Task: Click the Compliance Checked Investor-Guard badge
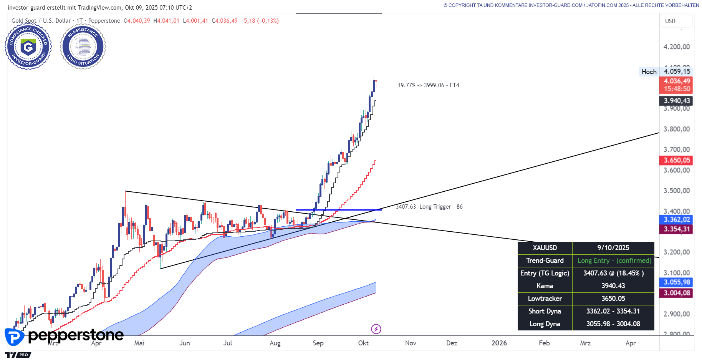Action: (x=28, y=46)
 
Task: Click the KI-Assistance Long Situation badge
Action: (x=83, y=46)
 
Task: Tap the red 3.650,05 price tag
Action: (x=677, y=160)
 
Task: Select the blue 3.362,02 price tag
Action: (x=677, y=219)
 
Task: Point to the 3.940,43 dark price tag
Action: (x=677, y=101)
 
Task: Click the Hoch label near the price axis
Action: (x=649, y=72)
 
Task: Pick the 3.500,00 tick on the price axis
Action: (x=676, y=191)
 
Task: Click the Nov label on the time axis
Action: (x=411, y=343)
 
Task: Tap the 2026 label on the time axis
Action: (x=499, y=343)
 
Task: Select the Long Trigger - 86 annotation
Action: (x=440, y=207)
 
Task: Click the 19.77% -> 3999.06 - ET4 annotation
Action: (x=428, y=85)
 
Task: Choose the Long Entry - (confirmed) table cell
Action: (x=614, y=260)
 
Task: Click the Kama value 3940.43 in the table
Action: (x=613, y=286)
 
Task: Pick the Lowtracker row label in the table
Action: (x=545, y=299)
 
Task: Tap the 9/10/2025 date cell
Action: (x=613, y=248)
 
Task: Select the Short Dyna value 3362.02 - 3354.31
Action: (x=613, y=311)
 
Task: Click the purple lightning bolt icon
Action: (x=376, y=329)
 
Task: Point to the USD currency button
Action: (x=676, y=21)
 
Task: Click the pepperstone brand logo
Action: (x=65, y=336)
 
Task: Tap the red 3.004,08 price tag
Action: (x=677, y=293)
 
